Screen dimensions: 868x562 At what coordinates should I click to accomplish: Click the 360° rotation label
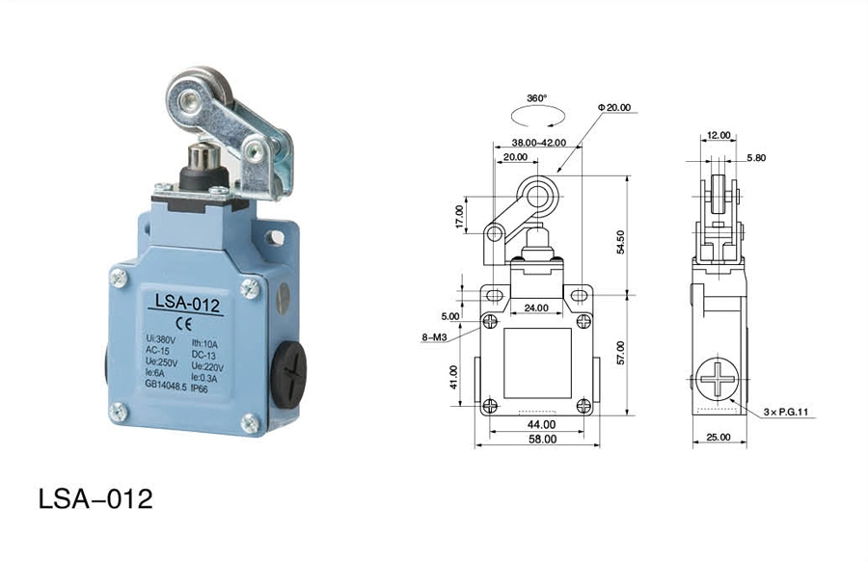536,98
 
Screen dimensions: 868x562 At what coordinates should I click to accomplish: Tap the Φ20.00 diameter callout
614,107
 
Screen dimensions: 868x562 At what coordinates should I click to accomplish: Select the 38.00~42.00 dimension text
538,142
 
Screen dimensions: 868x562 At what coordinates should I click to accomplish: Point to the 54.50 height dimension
620,242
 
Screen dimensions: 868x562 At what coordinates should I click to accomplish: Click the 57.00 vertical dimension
620,353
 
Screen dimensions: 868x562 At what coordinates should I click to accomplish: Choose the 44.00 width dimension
541,424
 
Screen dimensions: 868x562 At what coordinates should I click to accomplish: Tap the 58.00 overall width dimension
542,440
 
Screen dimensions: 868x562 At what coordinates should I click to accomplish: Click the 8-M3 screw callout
434,336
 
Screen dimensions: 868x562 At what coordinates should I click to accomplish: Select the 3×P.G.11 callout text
786,412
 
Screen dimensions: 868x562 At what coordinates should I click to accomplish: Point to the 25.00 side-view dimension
719,437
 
